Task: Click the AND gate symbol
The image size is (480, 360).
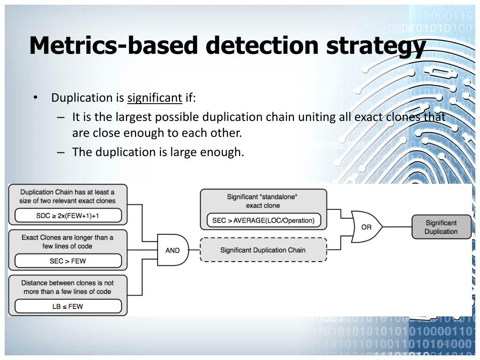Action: tap(172, 250)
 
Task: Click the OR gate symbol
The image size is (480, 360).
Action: tap(366, 227)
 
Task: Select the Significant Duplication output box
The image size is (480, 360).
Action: tap(441, 227)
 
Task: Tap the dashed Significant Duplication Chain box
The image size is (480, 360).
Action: tap(263, 250)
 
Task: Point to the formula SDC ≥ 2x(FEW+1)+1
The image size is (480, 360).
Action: tap(68, 216)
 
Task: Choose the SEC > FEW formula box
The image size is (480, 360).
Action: tap(68, 261)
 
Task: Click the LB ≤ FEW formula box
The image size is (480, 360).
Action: tap(68, 307)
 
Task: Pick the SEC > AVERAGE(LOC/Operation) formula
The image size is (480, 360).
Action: tap(263, 220)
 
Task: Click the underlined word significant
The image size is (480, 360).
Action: tap(155, 98)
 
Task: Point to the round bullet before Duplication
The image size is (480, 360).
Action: tap(36, 97)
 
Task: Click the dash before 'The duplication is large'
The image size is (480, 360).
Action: tap(61, 152)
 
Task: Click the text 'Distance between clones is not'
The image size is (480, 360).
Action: tap(67, 283)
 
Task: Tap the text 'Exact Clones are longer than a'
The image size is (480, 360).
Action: tap(67, 237)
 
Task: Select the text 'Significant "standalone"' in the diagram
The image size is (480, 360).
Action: tap(262, 197)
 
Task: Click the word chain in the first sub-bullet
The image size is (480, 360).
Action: tap(280, 117)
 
